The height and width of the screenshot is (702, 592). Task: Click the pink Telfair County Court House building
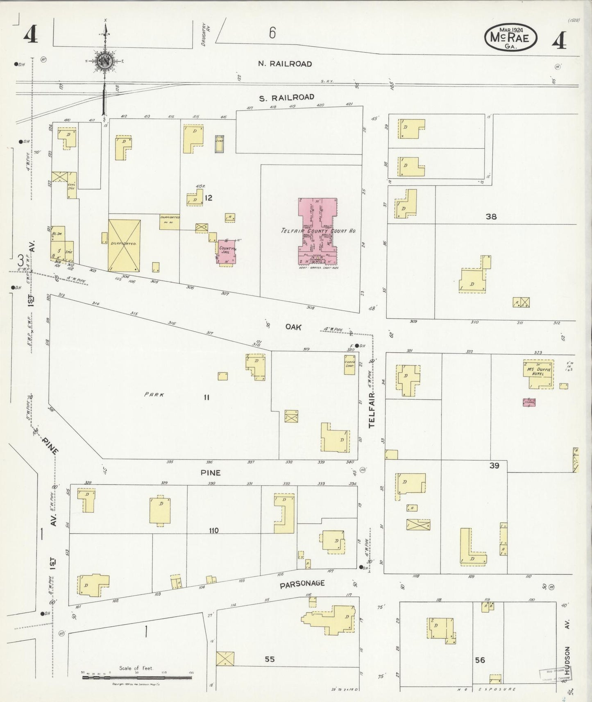click(318, 231)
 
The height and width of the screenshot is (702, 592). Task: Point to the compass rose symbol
click(105, 61)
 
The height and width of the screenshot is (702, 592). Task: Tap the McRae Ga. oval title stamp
click(510, 38)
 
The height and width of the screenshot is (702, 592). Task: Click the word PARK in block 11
click(154, 395)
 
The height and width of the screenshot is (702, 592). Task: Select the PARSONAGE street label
click(302, 584)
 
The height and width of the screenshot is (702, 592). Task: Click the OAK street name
click(293, 327)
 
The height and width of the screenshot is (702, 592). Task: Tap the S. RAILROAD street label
click(286, 97)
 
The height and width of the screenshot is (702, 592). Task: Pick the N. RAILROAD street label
click(285, 64)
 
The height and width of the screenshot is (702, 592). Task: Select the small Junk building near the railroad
click(220, 144)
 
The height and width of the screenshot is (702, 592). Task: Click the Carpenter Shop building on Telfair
click(349, 365)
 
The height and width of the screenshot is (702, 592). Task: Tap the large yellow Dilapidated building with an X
click(124, 245)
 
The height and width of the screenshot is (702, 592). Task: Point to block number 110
click(213, 530)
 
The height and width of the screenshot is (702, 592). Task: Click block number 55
click(269, 659)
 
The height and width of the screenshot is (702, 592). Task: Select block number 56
click(480, 660)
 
